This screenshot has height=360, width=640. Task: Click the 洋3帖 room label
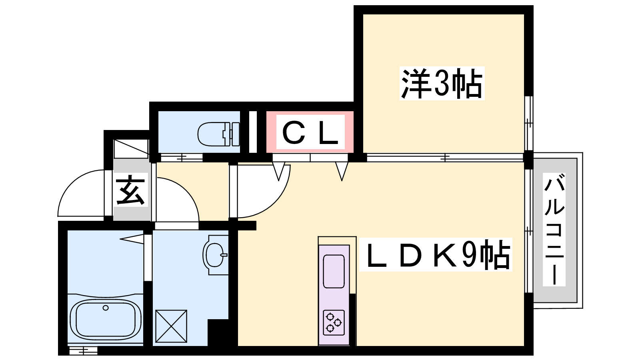[x=442, y=84]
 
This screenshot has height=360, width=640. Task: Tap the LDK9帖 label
[x=436, y=255]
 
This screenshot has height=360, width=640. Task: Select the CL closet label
[x=310, y=133]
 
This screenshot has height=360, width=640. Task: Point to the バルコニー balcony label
[x=554, y=229]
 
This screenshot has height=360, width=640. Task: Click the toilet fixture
[x=218, y=134]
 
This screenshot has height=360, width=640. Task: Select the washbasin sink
[x=215, y=254]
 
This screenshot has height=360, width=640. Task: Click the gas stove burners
[x=334, y=322]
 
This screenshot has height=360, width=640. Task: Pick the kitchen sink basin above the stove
[x=334, y=271]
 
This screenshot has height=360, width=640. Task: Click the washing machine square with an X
[x=171, y=326]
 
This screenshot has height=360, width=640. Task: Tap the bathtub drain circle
[x=106, y=308]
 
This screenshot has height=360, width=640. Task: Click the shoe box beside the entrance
[x=131, y=149]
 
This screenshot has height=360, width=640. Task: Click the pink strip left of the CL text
[x=271, y=133]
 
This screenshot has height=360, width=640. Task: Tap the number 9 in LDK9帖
[x=469, y=255]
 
